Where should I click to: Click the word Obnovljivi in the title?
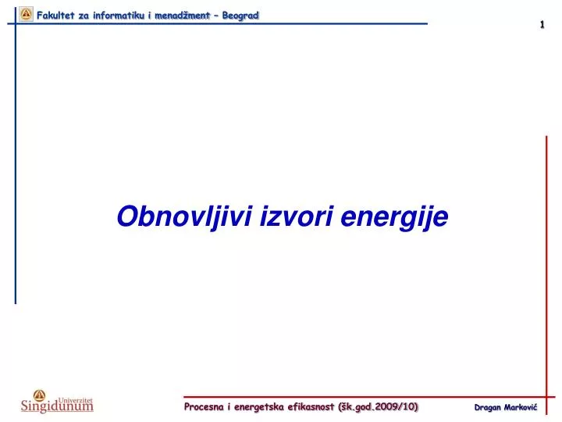pos(185,216)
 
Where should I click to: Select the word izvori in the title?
pos(297,216)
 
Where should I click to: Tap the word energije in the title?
pos(394,217)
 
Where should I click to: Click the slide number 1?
pos(542,24)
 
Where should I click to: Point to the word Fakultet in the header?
pos(55,16)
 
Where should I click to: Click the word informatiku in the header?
pos(119,16)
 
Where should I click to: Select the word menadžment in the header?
pos(182,16)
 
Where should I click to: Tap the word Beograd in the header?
pos(240,16)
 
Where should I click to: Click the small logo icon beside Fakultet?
pos(26,14)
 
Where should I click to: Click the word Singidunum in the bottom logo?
pos(57,406)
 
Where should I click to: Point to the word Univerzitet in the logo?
pos(75,400)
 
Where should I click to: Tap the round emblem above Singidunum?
pos(40,395)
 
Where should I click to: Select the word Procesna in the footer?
pos(204,406)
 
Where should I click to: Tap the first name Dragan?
pos(487,408)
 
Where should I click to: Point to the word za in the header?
pos(84,16)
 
